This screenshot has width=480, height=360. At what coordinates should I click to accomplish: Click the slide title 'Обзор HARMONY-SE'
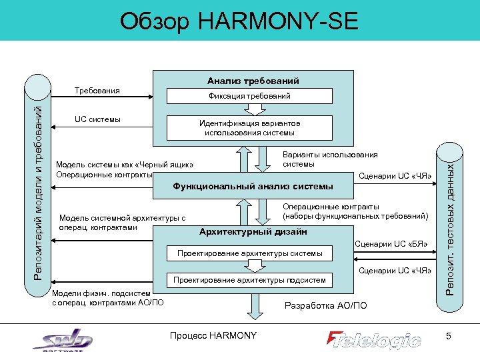tap(239, 21)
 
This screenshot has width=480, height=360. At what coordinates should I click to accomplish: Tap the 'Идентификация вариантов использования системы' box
tap(250, 128)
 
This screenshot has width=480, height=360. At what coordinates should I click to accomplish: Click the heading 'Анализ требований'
tap(253, 81)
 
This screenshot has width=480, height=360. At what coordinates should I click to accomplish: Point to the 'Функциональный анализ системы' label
tap(253, 185)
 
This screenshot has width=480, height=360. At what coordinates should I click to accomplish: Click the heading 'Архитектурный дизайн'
tap(253, 232)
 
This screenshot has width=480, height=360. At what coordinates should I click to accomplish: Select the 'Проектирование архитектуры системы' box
tap(249, 253)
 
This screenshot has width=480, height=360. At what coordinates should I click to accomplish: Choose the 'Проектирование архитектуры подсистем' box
tap(249, 280)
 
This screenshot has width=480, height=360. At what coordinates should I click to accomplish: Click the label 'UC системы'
tap(97, 119)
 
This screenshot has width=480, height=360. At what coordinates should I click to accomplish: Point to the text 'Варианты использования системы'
tap(330, 159)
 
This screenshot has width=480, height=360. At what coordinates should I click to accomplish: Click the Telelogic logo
tap(374, 339)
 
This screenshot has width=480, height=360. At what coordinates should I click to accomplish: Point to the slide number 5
tap(449, 337)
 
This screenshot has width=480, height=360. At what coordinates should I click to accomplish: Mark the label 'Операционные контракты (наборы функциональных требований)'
tap(355, 211)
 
